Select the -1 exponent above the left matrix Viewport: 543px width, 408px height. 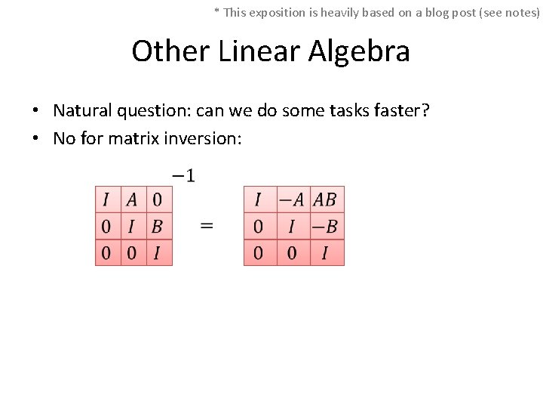click(x=183, y=176)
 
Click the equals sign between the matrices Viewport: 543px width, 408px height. click(x=206, y=225)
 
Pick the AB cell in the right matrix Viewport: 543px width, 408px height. click(x=324, y=199)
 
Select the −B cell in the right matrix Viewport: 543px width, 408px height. click(x=324, y=226)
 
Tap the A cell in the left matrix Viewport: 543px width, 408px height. click(x=132, y=199)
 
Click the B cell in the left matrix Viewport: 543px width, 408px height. click(x=157, y=226)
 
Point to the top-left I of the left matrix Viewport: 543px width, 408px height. click(x=106, y=199)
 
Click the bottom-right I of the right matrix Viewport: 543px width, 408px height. click(x=324, y=252)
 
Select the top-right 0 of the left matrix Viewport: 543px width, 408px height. click(x=157, y=199)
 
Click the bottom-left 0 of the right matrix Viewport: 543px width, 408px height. click(x=258, y=252)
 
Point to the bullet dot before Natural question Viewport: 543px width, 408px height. click(x=36, y=112)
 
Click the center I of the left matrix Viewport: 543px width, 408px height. click(x=132, y=226)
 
